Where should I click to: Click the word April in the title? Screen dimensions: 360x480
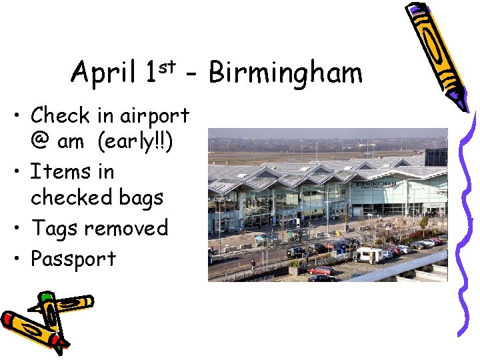(x=103, y=72)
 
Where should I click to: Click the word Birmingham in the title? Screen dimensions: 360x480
(x=285, y=73)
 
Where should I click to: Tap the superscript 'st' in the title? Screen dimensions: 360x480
(x=167, y=65)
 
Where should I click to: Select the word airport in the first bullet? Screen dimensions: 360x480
(x=154, y=116)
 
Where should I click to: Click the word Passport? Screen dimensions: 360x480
(x=73, y=259)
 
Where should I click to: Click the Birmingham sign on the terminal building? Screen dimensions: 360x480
(x=376, y=183)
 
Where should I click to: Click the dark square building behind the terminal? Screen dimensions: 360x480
(x=436, y=157)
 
